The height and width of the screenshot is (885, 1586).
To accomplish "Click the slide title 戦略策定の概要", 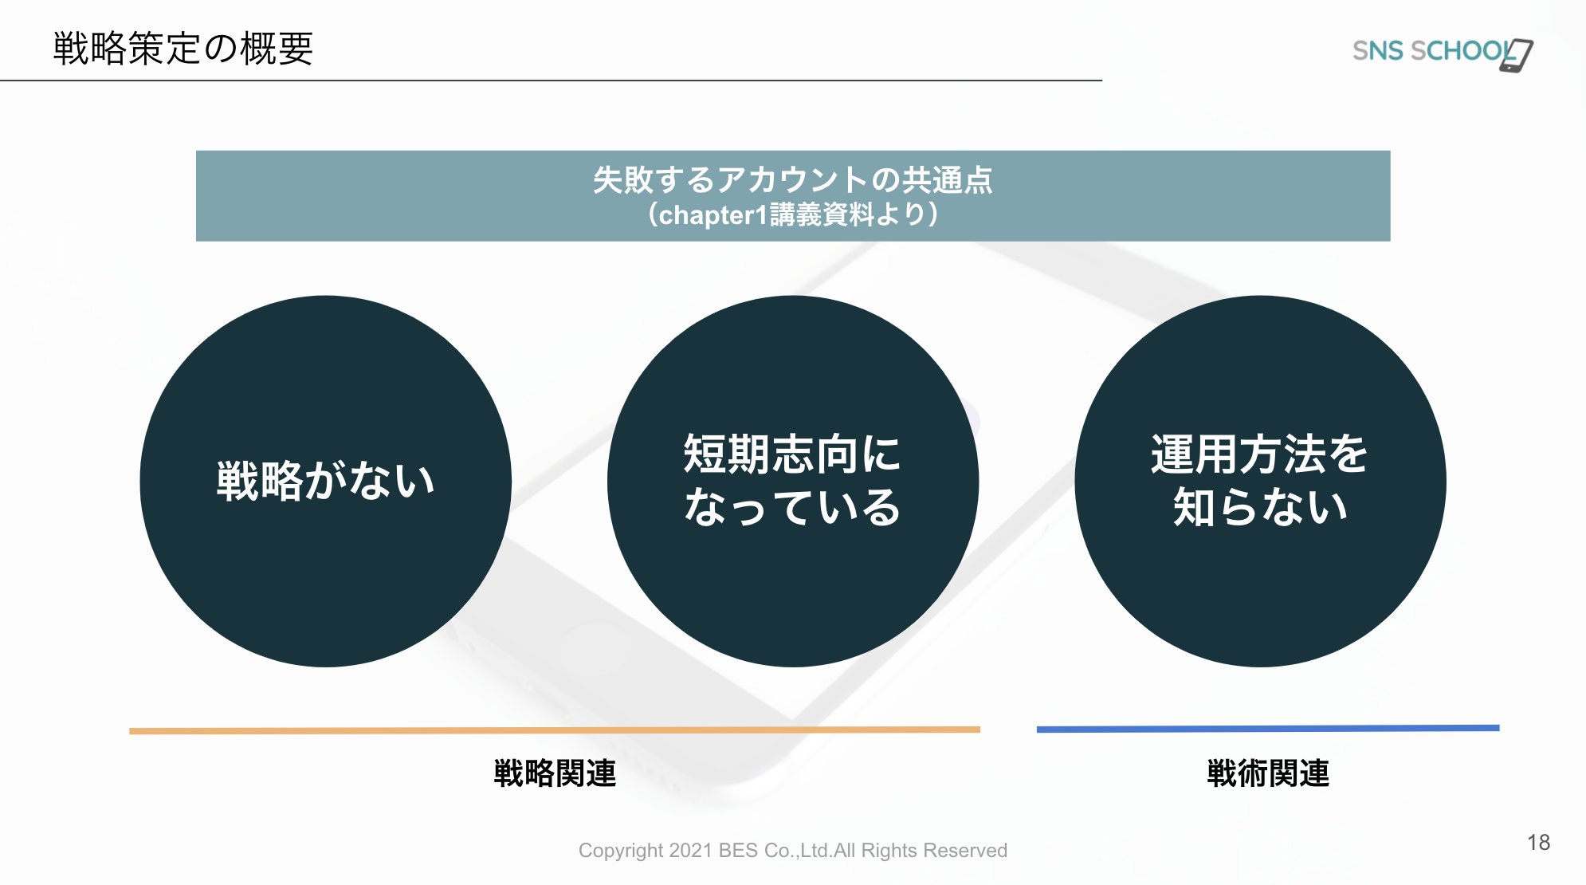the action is pyautogui.click(x=183, y=49).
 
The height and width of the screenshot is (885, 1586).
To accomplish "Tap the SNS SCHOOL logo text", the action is pyautogui.click(x=1432, y=51).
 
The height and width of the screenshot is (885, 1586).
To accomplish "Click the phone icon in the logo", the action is pyautogui.click(x=1517, y=55).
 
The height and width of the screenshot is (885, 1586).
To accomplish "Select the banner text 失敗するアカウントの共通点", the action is pyautogui.click(x=793, y=179).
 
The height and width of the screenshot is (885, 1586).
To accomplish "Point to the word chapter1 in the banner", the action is pyautogui.click(x=713, y=215).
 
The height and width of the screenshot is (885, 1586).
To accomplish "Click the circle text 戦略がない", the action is pyautogui.click(x=326, y=481).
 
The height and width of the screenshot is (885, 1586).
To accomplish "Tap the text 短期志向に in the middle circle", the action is pyautogui.click(x=792, y=454).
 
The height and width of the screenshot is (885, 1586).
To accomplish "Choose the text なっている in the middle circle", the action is pyautogui.click(x=792, y=508).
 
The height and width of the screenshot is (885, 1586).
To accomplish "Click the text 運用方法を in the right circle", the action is pyautogui.click(x=1260, y=454).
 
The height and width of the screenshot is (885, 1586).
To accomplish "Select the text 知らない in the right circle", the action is pyautogui.click(x=1260, y=508).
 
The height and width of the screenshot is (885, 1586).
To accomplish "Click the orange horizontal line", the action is pyautogui.click(x=555, y=730).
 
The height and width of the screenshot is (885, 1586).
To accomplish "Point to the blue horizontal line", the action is pyautogui.click(x=1268, y=729).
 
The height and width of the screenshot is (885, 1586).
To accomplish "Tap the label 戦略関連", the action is pyautogui.click(x=555, y=773).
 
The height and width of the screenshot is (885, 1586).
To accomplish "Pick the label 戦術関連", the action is pyautogui.click(x=1268, y=773).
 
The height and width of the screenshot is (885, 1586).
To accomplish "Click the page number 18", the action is pyautogui.click(x=1539, y=843).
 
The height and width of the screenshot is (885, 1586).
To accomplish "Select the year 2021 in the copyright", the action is pyautogui.click(x=691, y=851).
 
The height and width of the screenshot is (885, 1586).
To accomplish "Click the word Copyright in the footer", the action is pyautogui.click(x=621, y=852).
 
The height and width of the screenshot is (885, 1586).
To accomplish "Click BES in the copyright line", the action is pyautogui.click(x=739, y=851).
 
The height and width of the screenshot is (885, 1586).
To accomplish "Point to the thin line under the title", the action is pyautogui.click(x=551, y=81).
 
